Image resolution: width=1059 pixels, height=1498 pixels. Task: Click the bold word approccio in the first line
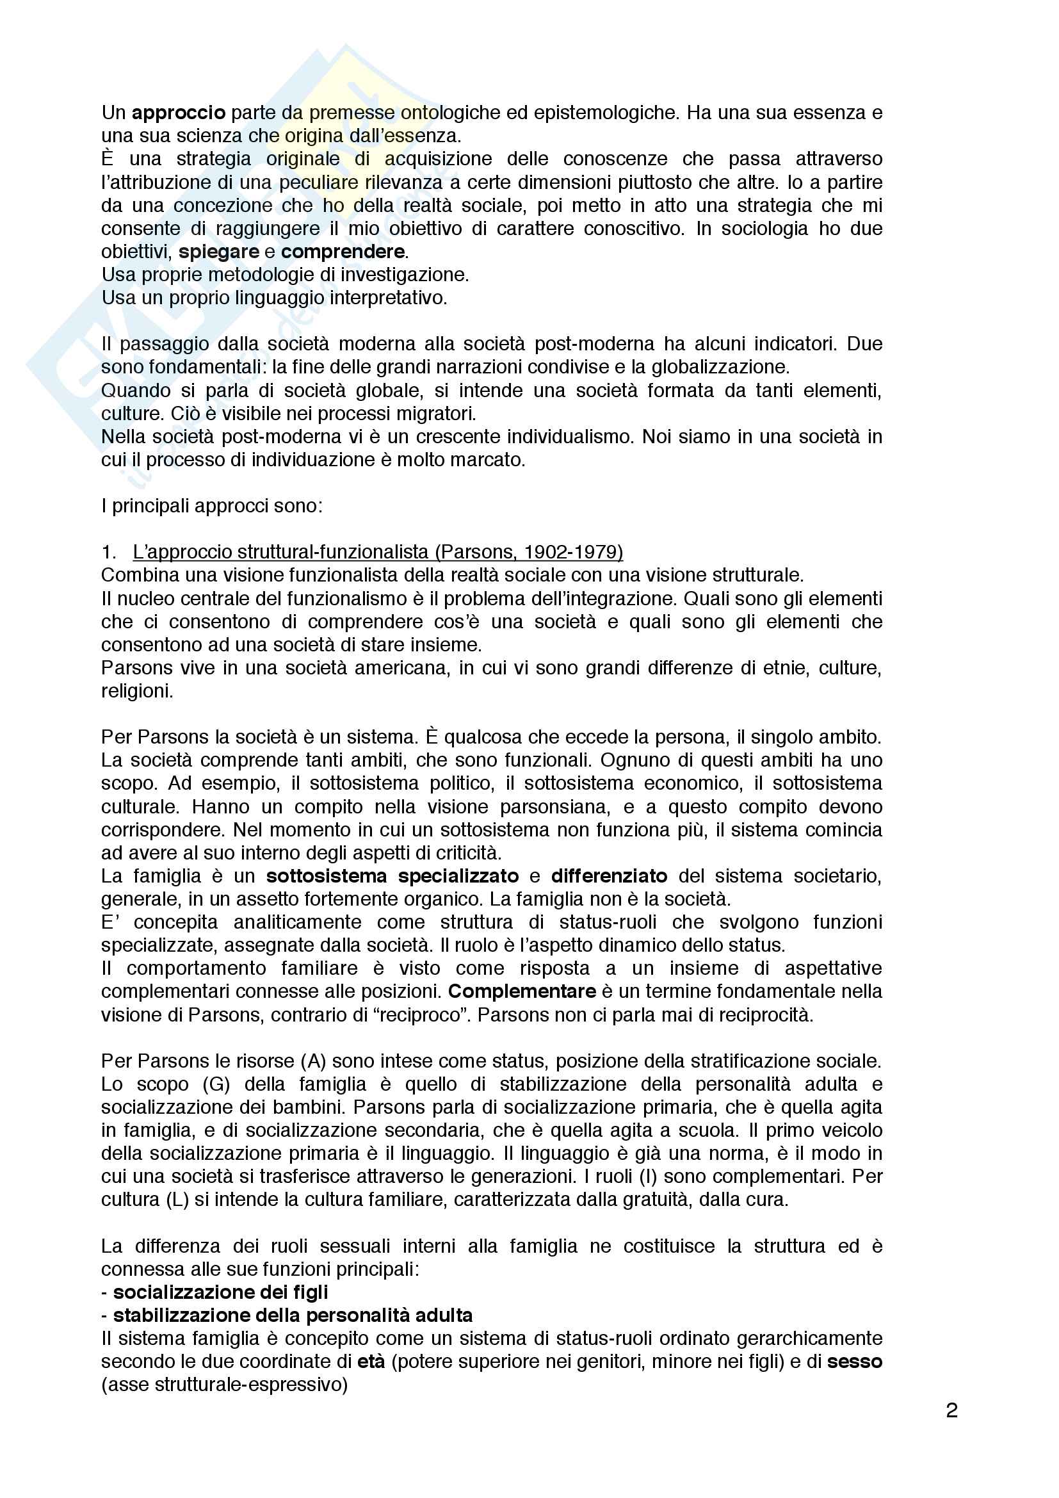point(179,113)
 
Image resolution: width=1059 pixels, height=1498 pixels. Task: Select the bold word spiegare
point(218,252)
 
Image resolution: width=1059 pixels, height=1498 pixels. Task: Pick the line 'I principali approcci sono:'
point(212,506)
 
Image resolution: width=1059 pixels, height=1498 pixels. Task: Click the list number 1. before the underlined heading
point(109,552)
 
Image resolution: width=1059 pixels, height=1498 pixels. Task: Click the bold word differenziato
point(609,875)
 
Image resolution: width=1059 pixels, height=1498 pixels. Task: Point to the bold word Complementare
point(522,991)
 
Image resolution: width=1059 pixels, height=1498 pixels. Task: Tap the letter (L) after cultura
point(177,1199)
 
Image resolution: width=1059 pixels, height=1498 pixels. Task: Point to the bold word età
point(372,1361)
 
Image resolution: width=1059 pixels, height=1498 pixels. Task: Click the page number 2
point(951,1410)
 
